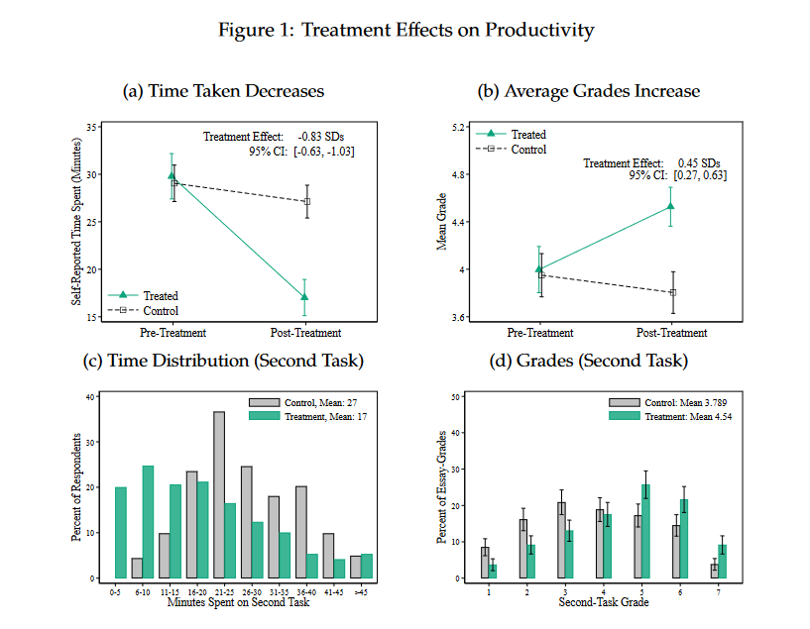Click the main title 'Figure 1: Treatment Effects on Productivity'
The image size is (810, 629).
(x=405, y=30)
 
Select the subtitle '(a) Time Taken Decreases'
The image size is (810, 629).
(x=223, y=91)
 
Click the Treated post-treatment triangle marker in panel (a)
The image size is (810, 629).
(x=304, y=296)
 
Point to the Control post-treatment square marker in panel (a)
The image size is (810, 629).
(x=306, y=201)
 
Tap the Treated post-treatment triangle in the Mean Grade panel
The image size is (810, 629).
(x=670, y=206)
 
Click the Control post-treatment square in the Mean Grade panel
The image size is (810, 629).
(x=673, y=292)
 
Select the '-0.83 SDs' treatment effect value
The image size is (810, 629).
(x=321, y=137)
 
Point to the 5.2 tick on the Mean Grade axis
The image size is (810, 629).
(x=458, y=128)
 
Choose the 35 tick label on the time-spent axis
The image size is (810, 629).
(x=91, y=127)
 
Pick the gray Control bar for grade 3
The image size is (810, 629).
(x=561, y=540)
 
